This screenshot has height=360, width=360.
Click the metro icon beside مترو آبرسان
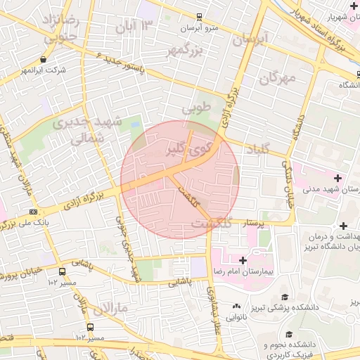point(199,17)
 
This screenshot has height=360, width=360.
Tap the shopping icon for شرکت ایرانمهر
point(44,60)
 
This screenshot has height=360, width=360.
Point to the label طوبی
point(197,110)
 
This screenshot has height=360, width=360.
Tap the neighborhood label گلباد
point(258,150)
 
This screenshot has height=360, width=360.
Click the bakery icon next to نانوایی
point(236,307)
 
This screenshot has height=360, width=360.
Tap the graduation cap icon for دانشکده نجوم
point(289,335)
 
